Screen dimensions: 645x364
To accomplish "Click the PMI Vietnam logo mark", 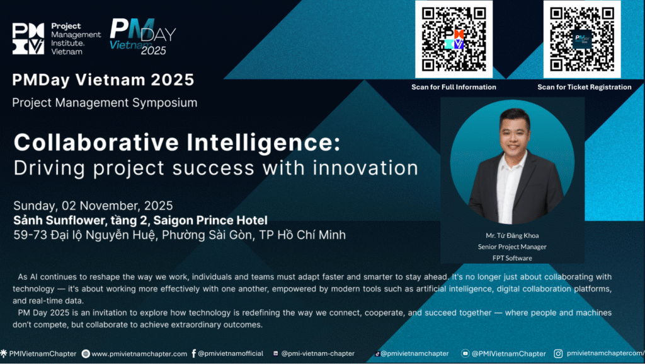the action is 28,38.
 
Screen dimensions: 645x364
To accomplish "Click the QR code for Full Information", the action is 454,39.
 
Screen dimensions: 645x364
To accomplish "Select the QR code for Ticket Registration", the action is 582,39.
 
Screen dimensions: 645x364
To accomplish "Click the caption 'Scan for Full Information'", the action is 454,87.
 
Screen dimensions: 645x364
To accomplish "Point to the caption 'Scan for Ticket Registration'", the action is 584,87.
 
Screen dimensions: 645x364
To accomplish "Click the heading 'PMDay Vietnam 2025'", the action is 103,80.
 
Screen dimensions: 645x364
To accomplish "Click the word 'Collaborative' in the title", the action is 96,143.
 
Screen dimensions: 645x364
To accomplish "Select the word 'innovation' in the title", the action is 365,168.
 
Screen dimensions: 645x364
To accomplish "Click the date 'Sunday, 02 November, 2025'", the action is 93,206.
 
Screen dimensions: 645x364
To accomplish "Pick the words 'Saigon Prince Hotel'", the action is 210,221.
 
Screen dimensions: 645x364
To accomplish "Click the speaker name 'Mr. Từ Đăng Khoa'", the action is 512,235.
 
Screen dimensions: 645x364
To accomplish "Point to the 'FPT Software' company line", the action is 512,258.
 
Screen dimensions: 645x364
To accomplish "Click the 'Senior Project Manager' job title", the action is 512,247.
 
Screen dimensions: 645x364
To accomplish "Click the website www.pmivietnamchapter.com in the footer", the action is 139,354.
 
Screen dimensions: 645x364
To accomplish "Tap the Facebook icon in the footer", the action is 194,353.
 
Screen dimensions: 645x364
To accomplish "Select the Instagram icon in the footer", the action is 558,353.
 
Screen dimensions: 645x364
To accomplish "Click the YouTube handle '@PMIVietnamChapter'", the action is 508,354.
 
